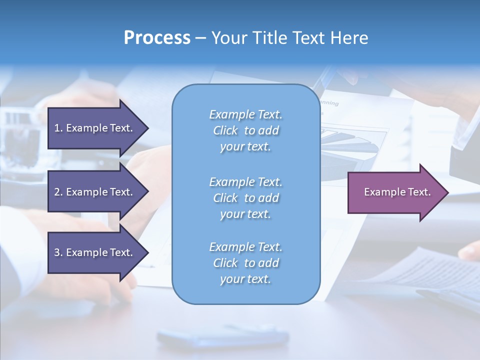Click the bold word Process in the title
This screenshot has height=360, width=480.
coord(157,38)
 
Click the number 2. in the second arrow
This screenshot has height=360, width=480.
coord(58,192)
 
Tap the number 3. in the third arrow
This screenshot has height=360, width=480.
coord(58,252)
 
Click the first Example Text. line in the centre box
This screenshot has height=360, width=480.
coord(245,114)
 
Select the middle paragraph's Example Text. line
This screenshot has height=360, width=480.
coord(245,182)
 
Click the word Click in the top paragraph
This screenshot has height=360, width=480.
coord(225,130)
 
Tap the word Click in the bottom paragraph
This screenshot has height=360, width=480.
coord(225,263)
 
